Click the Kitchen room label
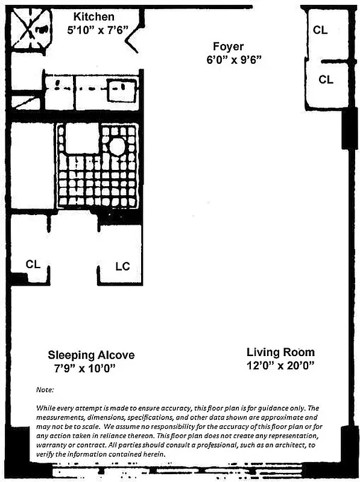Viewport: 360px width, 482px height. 93,17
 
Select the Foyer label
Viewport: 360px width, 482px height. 228,46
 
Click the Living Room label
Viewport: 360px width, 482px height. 280,352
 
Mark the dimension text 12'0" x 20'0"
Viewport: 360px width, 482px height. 280,366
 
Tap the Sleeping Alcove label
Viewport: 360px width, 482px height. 91,355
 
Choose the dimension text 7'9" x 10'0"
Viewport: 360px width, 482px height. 84,368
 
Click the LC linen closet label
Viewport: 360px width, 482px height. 122,266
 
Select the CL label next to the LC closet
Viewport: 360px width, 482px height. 33,264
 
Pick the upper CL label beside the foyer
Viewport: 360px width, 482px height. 320,30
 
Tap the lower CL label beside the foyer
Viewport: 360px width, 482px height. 326,79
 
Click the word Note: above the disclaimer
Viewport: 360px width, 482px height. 45,390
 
